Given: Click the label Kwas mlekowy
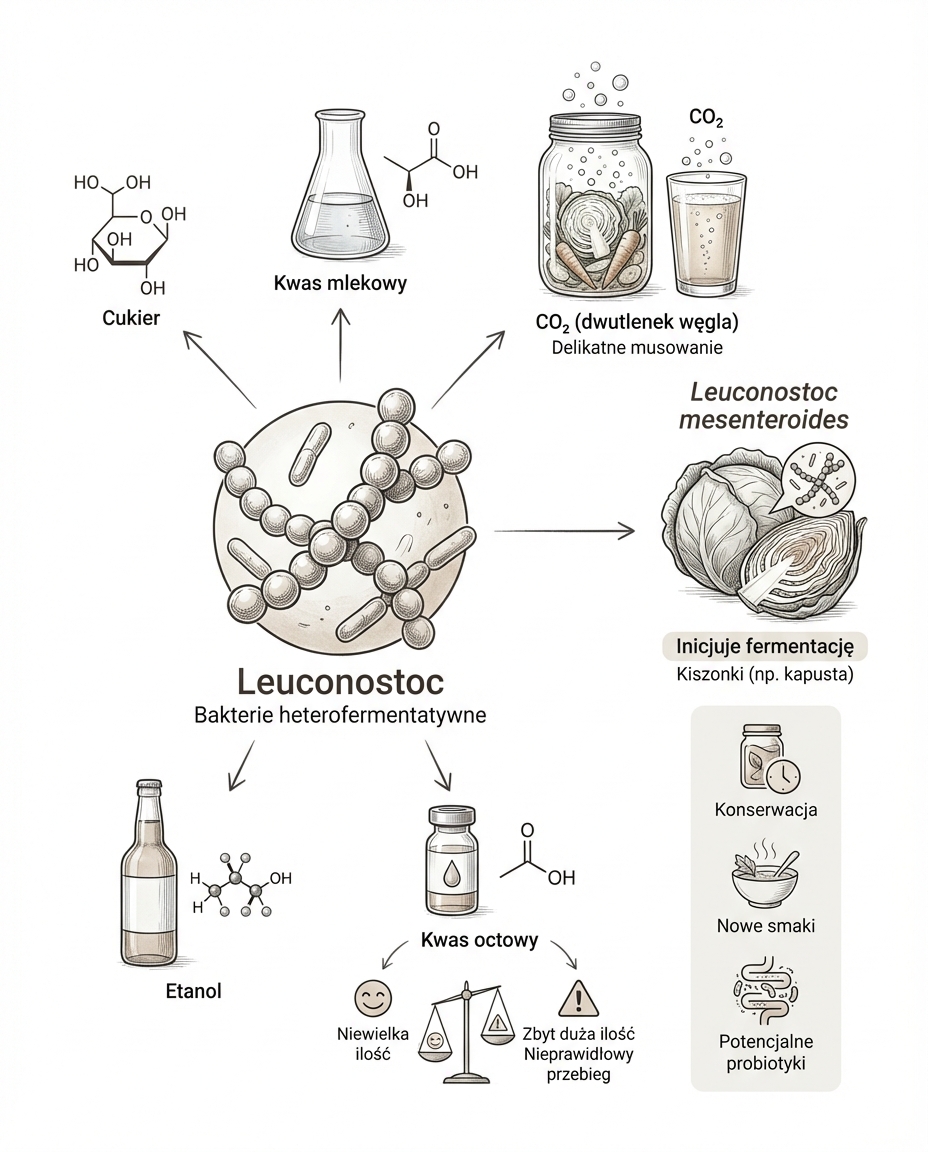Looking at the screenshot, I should coord(340,283).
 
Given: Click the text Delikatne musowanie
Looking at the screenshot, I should coord(637,348).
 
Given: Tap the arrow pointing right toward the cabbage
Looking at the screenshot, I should coord(565,530).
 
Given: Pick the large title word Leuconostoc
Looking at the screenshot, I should coord(341,683).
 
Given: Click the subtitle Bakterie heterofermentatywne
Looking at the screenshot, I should coord(341,716).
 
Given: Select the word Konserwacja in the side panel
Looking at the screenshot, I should coord(766,809).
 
